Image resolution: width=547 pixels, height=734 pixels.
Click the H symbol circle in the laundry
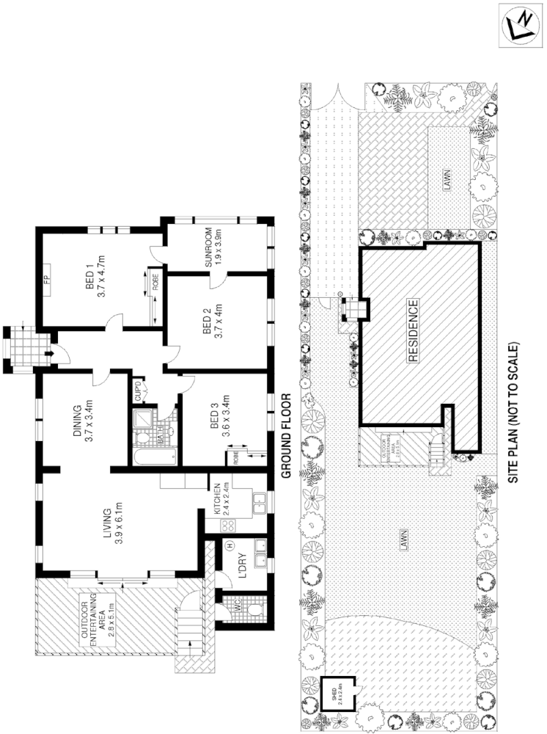click(x=230, y=545)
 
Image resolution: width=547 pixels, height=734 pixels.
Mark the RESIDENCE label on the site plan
click(x=412, y=331)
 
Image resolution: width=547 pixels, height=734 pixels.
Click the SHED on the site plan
click(x=338, y=694)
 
